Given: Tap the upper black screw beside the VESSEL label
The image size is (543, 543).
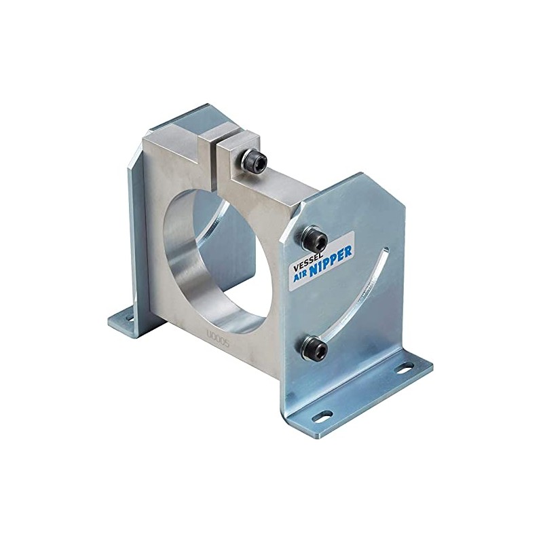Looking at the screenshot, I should click(316, 239).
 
